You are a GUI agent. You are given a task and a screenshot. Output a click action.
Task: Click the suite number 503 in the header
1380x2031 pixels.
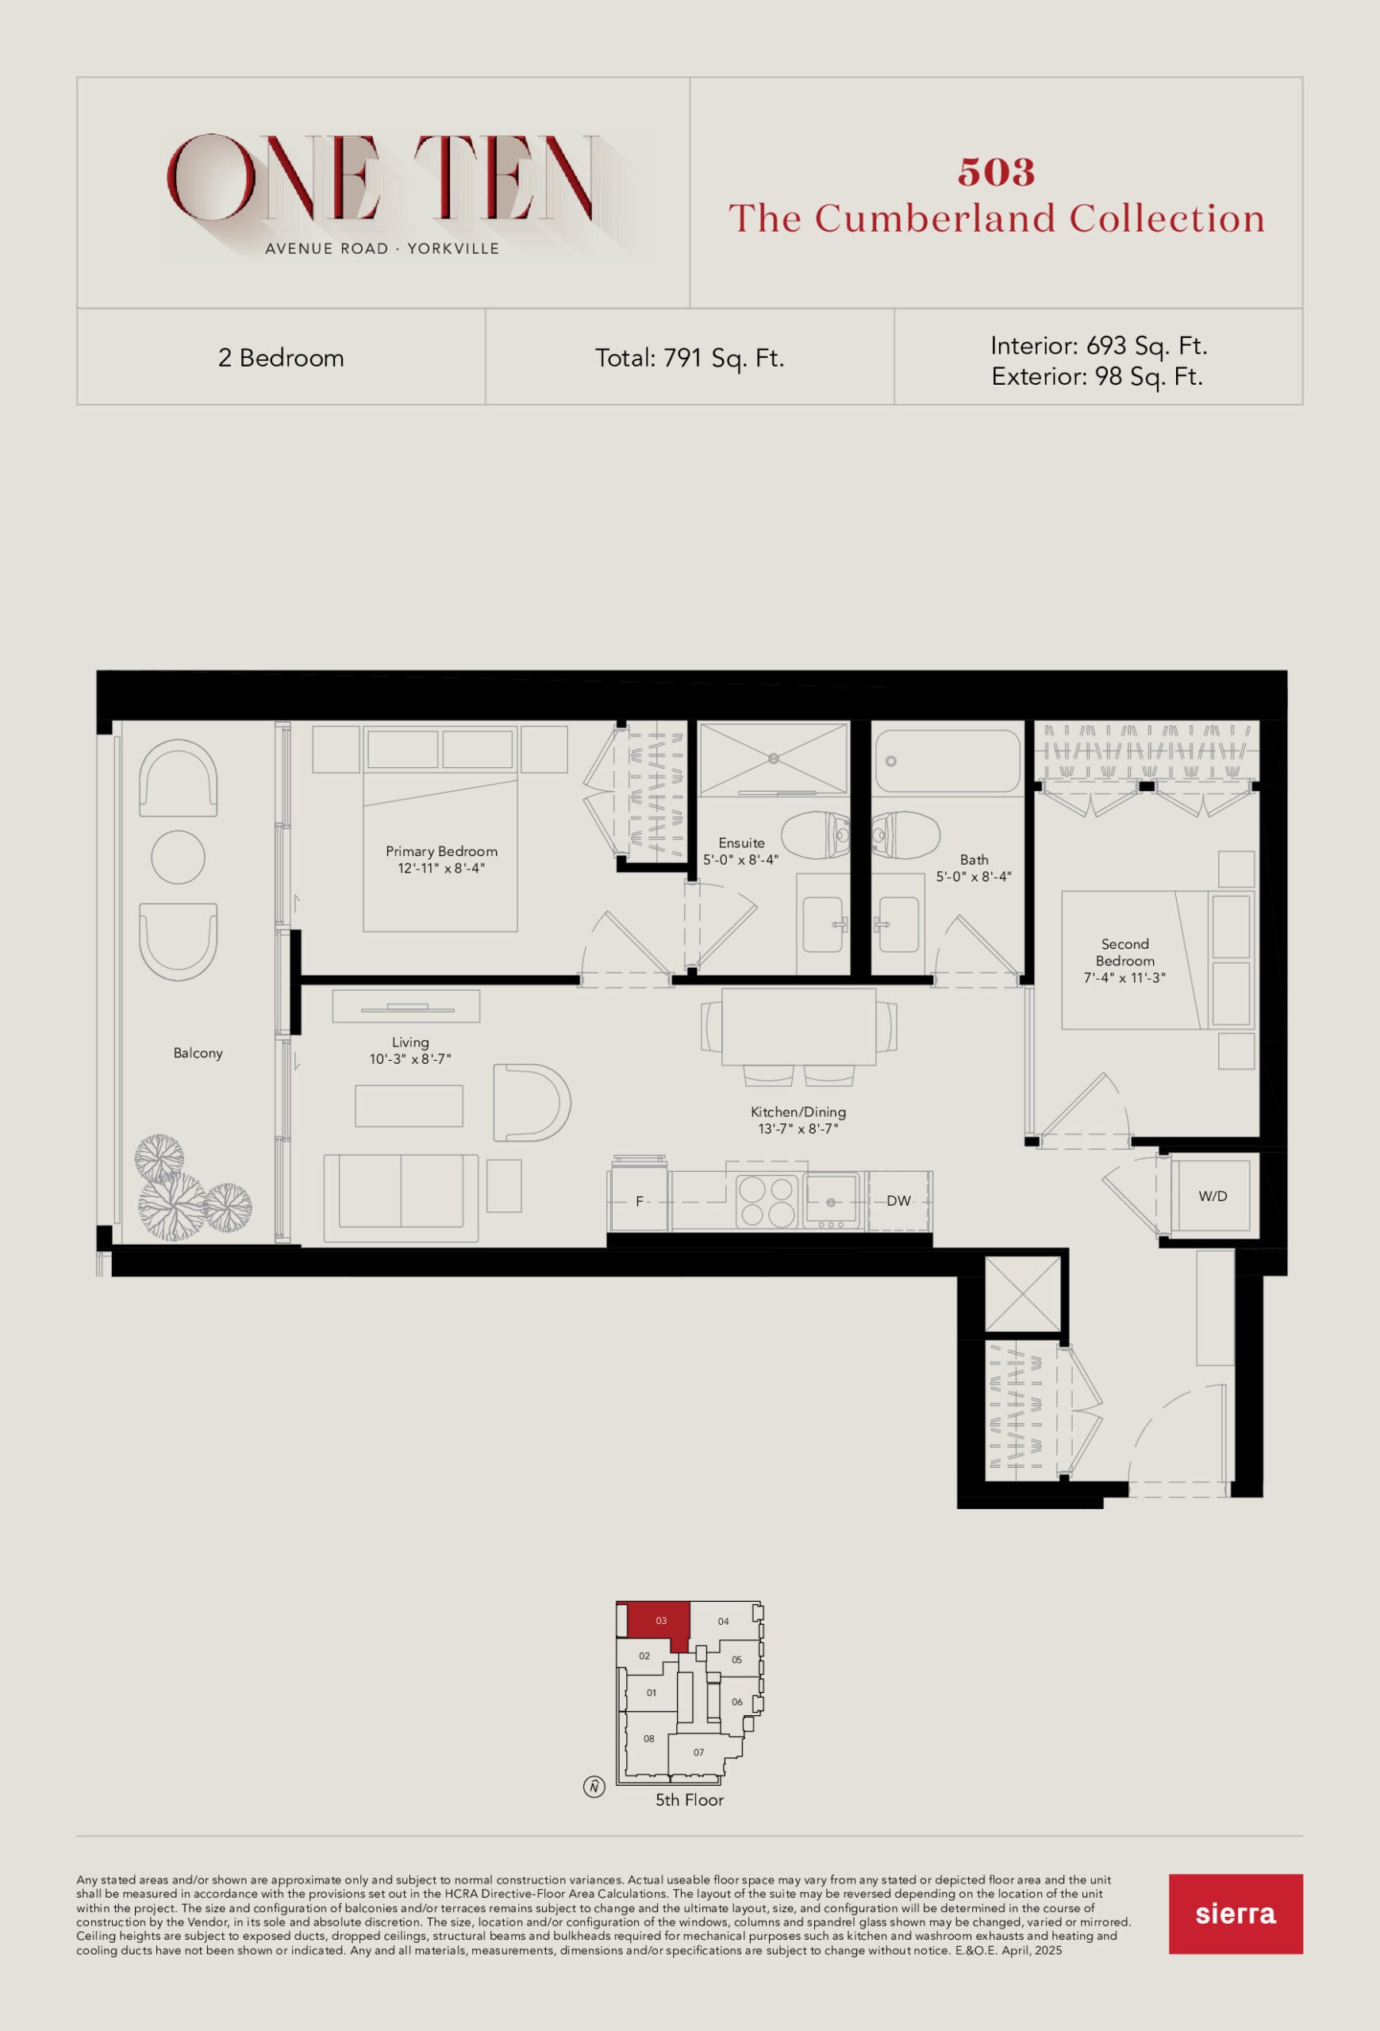coord(997,172)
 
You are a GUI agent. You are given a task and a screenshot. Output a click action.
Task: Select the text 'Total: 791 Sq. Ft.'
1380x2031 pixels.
coord(690,359)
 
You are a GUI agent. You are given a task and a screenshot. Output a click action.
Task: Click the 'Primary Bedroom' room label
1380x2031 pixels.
coord(441,851)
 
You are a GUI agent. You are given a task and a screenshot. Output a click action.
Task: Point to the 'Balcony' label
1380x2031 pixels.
coord(198,1053)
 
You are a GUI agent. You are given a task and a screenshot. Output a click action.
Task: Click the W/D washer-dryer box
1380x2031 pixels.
coord(1213,1196)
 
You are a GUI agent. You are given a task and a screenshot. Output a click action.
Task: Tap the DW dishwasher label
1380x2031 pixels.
coord(898,1201)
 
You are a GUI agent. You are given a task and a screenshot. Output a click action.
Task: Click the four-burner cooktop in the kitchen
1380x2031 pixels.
coord(766,1202)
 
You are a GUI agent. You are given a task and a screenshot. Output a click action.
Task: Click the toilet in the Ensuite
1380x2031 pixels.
coord(814,835)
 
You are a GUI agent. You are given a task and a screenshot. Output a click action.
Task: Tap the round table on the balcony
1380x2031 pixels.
coord(179,858)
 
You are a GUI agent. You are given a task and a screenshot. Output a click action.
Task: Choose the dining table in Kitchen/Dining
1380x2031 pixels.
coord(799,1027)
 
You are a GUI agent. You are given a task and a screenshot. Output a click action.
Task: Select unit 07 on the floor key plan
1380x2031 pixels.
coord(699,1753)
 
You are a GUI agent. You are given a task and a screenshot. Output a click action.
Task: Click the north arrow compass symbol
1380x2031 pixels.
coord(594,1787)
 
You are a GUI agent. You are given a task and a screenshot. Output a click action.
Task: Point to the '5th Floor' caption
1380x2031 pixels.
coord(690,1800)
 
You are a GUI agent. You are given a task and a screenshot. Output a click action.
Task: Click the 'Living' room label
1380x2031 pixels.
coord(410,1042)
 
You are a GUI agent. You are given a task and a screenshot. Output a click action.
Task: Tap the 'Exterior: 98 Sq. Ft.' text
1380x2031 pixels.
coord(1097,377)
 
